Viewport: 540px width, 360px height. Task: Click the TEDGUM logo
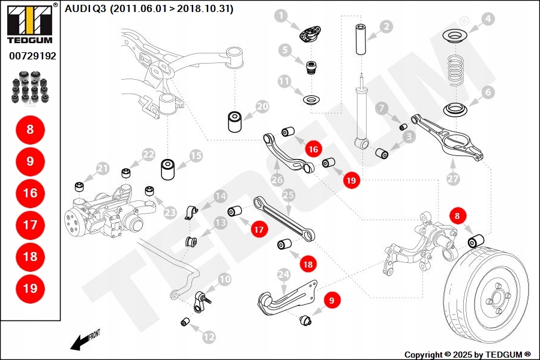point(29,25)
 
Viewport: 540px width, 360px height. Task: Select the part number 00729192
point(32,56)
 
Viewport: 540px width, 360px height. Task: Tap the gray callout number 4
point(488,19)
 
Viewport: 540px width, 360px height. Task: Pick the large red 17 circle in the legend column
point(30,225)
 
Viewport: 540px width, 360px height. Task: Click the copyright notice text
point(467,355)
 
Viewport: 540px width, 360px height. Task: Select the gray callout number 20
point(262,107)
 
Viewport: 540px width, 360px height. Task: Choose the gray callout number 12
point(208,337)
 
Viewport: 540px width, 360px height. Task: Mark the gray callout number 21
point(103,169)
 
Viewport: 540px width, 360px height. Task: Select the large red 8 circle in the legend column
point(30,129)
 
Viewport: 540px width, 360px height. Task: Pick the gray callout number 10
point(224,279)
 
